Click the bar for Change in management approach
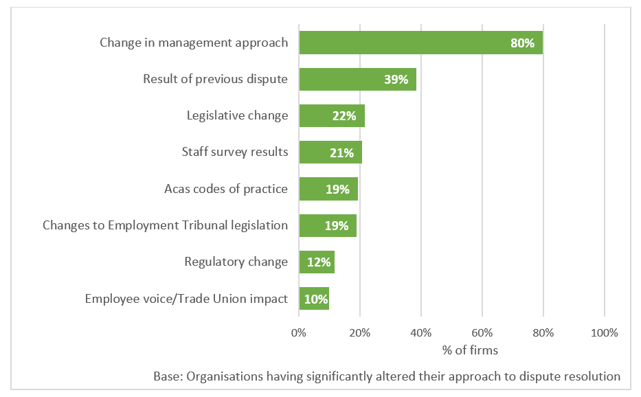click(x=420, y=43)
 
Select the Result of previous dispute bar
click(x=357, y=79)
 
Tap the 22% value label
click(x=344, y=116)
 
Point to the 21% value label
click(x=341, y=152)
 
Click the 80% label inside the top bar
click(x=522, y=43)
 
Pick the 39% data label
click(x=396, y=80)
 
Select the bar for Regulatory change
click(x=316, y=262)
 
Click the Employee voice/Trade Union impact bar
click(x=313, y=299)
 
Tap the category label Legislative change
click(x=237, y=115)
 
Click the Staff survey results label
click(x=234, y=152)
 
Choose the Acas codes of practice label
click(x=226, y=188)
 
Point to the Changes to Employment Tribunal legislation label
click(x=165, y=225)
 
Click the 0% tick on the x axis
click(x=299, y=333)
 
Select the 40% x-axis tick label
click(x=421, y=333)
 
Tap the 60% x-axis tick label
click(x=482, y=333)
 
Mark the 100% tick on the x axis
click(x=604, y=333)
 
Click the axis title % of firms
click(x=471, y=350)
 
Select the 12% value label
click(x=319, y=262)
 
